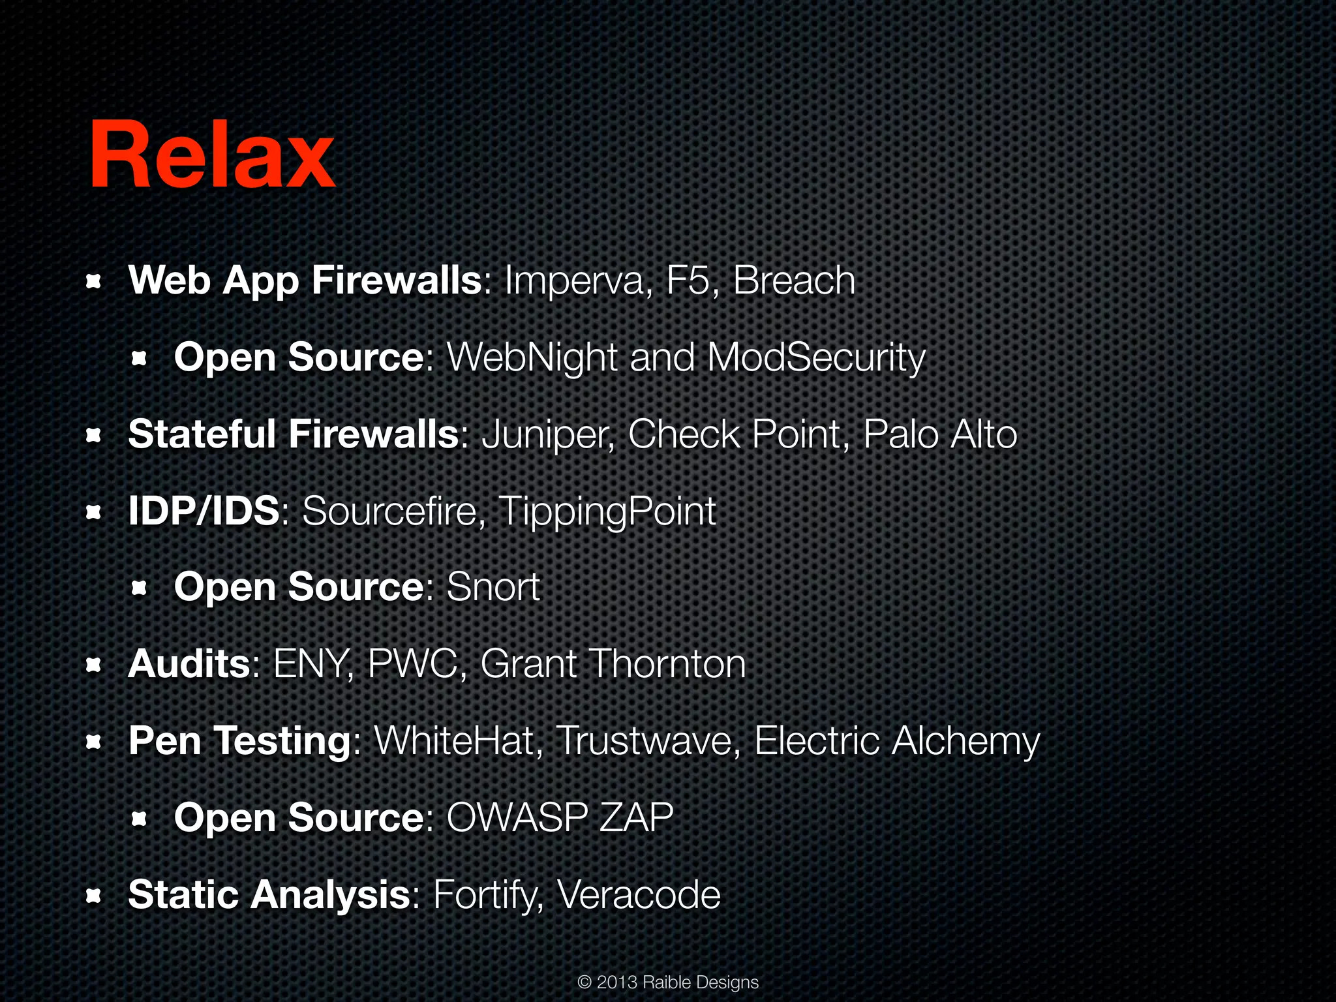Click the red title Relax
212,155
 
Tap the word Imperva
577,281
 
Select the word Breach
794,281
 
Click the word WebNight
532,358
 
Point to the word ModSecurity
816,358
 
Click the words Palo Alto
940,435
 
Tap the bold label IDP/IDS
204,511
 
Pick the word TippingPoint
607,512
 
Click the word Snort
493,587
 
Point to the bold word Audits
189,664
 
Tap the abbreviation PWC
414,664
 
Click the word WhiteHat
454,741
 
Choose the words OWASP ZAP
560,818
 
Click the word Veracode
639,894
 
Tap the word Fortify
487,896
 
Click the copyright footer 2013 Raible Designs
668,982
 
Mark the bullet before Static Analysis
94,896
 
